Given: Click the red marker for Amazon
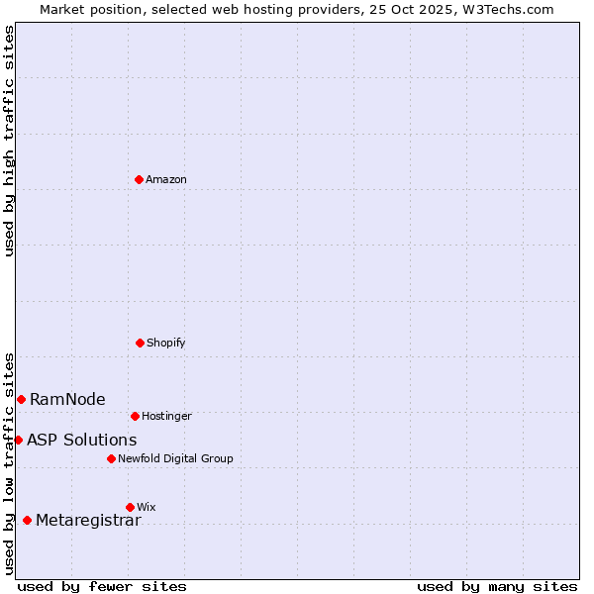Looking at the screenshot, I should pyautogui.click(x=139, y=179).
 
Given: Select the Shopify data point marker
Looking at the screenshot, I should pyautogui.click(x=140, y=343).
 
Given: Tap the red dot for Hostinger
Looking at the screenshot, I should pyautogui.click(x=135, y=416).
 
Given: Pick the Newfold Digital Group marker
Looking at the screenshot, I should pyautogui.click(x=111, y=458).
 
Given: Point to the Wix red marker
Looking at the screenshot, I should pyautogui.click(x=130, y=507).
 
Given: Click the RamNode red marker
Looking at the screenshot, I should pyautogui.click(x=21, y=399).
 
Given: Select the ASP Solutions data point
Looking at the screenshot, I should pyautogui.click(x=18, y=440).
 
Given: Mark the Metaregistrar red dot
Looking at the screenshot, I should pyautogui.click(x=27, y=520).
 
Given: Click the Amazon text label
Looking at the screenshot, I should pyautogui.click(x=166, y=180).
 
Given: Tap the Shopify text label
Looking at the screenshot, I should pyautogui.click(x=166, y=344).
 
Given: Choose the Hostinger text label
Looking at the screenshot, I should pyautogui.click(x=166, y=417).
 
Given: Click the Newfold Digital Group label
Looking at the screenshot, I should pyautogui.click(x=175, y=459).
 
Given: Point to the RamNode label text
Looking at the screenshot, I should pyautogui.click(x=67, y=400).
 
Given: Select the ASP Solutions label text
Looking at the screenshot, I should pyautogui.click(x=82, y=441).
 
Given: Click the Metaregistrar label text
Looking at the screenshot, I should pyautogui.click(x=88, y=521).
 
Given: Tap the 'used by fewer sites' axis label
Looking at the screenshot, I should pyautogui.click(x=102, y=586).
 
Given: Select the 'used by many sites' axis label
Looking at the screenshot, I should pyautogui.click(x=497, y=586).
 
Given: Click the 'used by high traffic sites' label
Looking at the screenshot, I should pyautogui.click(x=9, y=141).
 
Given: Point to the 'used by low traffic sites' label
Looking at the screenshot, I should pyautogui.click(x=9, y=462).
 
